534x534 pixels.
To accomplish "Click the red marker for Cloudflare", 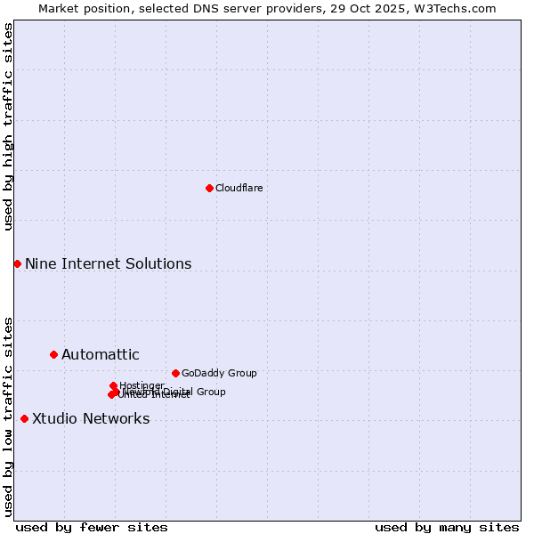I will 209,188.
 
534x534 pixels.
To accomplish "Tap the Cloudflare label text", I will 239,188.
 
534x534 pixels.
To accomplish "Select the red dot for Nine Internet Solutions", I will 17,263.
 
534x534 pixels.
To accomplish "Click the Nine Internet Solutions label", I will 108,264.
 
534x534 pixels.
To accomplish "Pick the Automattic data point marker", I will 53,354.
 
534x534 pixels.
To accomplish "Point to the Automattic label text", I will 100,355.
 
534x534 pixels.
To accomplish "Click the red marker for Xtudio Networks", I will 24,418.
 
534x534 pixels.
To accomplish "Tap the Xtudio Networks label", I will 91,419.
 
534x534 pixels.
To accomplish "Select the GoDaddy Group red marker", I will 175,373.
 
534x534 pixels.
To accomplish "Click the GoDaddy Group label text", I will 219,374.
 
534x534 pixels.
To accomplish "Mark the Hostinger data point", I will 113,385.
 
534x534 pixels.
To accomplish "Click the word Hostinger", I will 142,385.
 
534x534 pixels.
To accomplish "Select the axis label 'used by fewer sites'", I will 92,527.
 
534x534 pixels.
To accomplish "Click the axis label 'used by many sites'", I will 447,527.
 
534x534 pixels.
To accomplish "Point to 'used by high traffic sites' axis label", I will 9,126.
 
